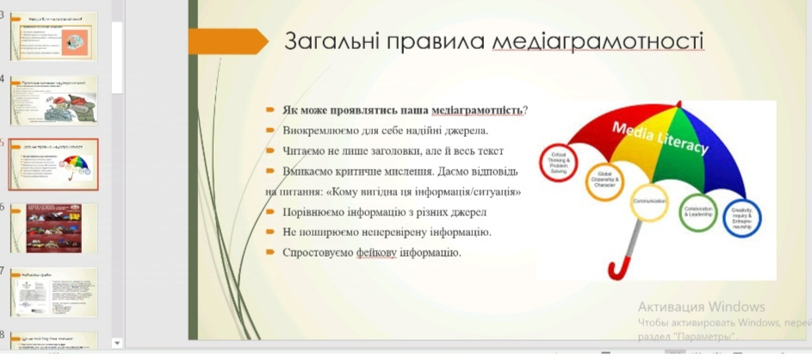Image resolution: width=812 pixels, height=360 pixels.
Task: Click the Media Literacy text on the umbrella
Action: [660, 137]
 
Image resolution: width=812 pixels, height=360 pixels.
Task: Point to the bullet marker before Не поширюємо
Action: [270, 233]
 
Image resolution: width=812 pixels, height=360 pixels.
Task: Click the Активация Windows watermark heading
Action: [701, 307]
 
